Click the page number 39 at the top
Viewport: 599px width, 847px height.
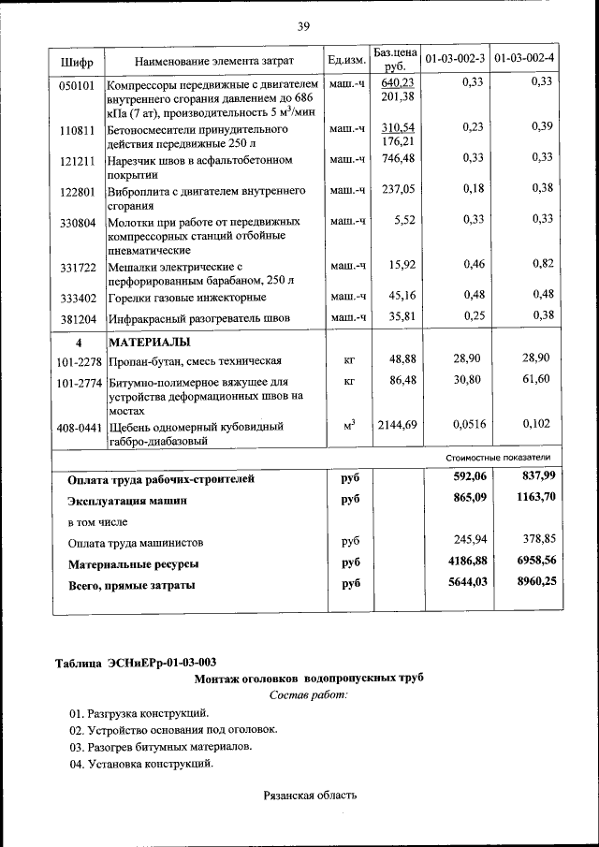303,26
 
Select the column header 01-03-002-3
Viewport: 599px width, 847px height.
455,60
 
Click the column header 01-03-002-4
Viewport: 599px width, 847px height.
524,60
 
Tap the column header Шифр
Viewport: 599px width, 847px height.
77,61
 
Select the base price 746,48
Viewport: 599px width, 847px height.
396,158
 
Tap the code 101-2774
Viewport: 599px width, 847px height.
79,382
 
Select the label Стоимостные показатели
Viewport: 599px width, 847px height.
497,458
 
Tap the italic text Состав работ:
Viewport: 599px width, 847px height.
308,695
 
